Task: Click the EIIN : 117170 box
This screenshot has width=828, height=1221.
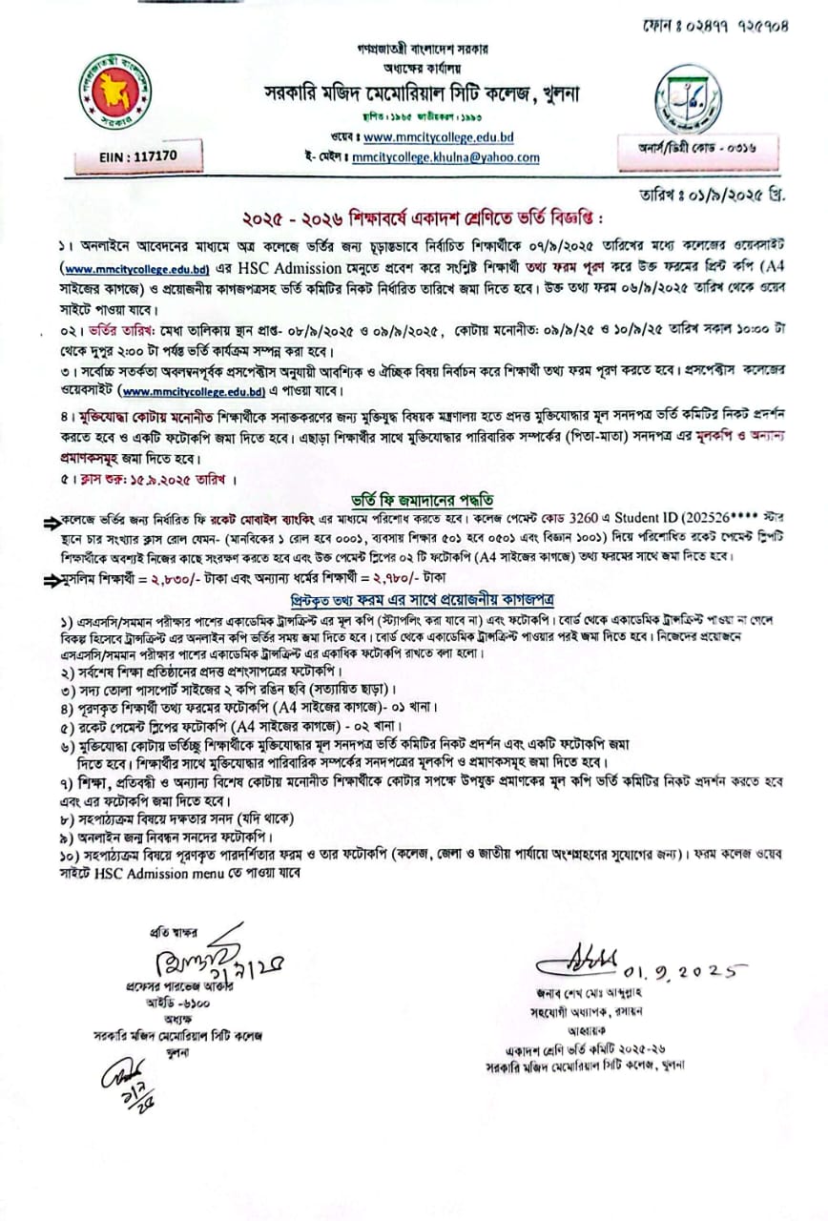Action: (x=139, y=154)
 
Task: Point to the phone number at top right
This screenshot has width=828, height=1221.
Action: (x=728, y=26)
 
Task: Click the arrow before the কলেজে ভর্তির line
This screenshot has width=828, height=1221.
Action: (x=50, y=522)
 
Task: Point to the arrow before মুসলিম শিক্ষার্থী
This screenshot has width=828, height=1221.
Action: (x=50, y=577)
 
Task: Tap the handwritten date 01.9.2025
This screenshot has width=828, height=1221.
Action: (x=681, y=972)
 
